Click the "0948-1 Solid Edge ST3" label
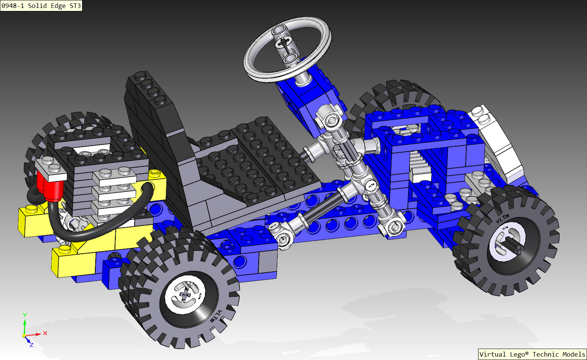click(x=41, y=6)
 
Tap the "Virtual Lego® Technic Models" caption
click(x=532, y=354)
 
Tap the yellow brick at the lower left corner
click(x=74, y=263)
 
